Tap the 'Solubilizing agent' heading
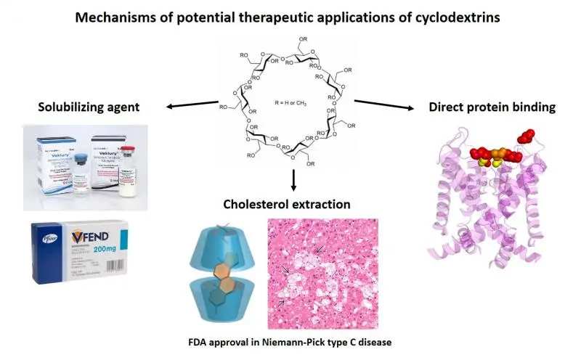pyautogui.click(x=89, y=108)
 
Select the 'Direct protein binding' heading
pyautogui.click(x=492, y=107)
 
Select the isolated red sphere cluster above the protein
pyautogui.click(x=524, y=137)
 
